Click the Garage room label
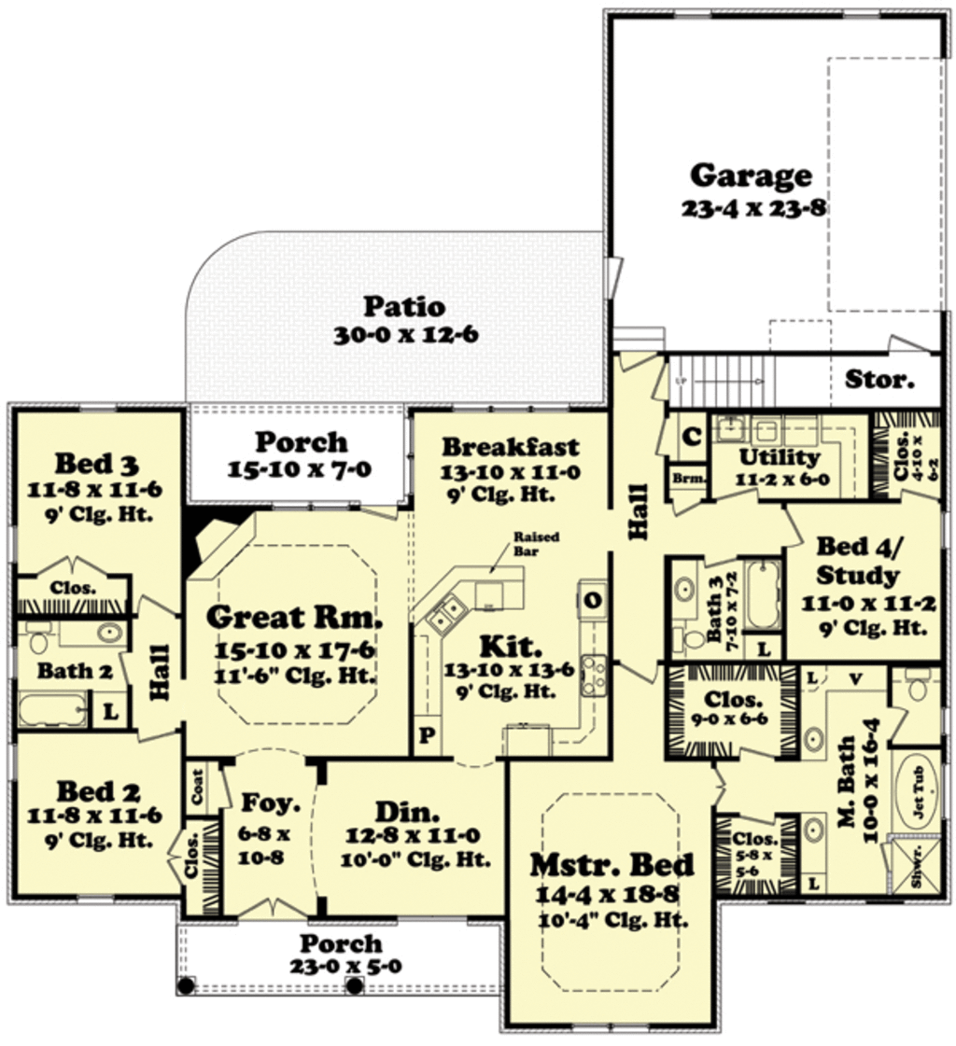(x=751, y=174)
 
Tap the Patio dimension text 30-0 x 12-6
(x=405, y=335)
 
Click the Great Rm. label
(x=294, y=617)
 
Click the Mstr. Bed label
(x=612, y=865)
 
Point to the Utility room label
(x=779, y=457)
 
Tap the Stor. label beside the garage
(x=879, y=380)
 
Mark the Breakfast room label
(x=510, y=446)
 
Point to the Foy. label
(x=270, y=802)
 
